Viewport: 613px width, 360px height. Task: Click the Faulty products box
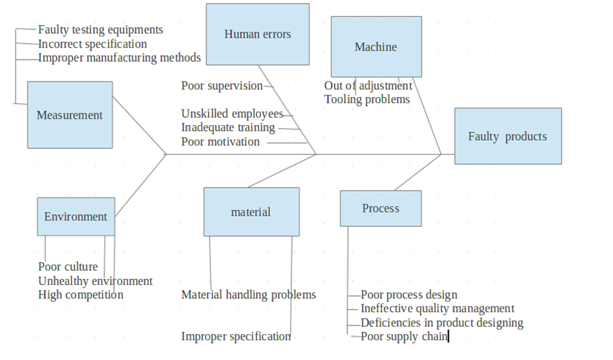tap(508, 136)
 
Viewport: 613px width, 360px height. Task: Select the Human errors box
tap(258, 34)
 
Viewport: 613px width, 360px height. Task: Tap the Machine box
tap(376, 47)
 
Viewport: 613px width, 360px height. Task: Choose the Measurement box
tap(70, 115)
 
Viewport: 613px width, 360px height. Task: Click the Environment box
tap(76, 216)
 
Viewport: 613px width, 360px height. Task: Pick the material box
tap(251, 212)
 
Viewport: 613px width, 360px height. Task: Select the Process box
tap(380, 208)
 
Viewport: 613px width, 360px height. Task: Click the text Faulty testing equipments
tap(100, 30)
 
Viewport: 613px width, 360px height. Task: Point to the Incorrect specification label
tap(92, 44)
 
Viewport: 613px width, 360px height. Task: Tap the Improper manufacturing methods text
tap(119, 57)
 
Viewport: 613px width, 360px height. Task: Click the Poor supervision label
tap(222, 86)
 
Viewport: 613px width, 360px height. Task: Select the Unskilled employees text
tap(232, 114)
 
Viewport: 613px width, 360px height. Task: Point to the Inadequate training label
tap(227, 127)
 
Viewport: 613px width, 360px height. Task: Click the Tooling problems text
tap(366, 99)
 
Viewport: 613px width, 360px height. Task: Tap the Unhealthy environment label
tap(95, 281)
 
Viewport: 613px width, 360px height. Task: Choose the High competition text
tap(80, 295)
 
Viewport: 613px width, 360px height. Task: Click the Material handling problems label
tap(248, 295)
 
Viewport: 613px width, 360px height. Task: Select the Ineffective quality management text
tap(437, 309)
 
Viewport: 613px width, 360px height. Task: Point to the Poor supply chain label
tap(403, 337)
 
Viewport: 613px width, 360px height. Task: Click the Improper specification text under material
tap(235, 337)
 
